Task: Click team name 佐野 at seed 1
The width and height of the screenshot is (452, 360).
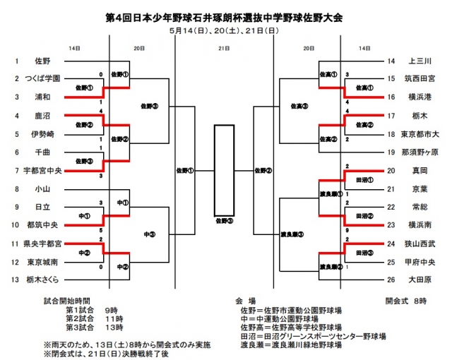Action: [x=40, y=62]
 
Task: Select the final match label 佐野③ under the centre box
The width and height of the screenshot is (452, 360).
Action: [x=224, y=221]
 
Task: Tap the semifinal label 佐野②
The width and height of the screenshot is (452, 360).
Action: [x=263, y=170]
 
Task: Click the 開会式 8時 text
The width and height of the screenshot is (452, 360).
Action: [x=406, y=300]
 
